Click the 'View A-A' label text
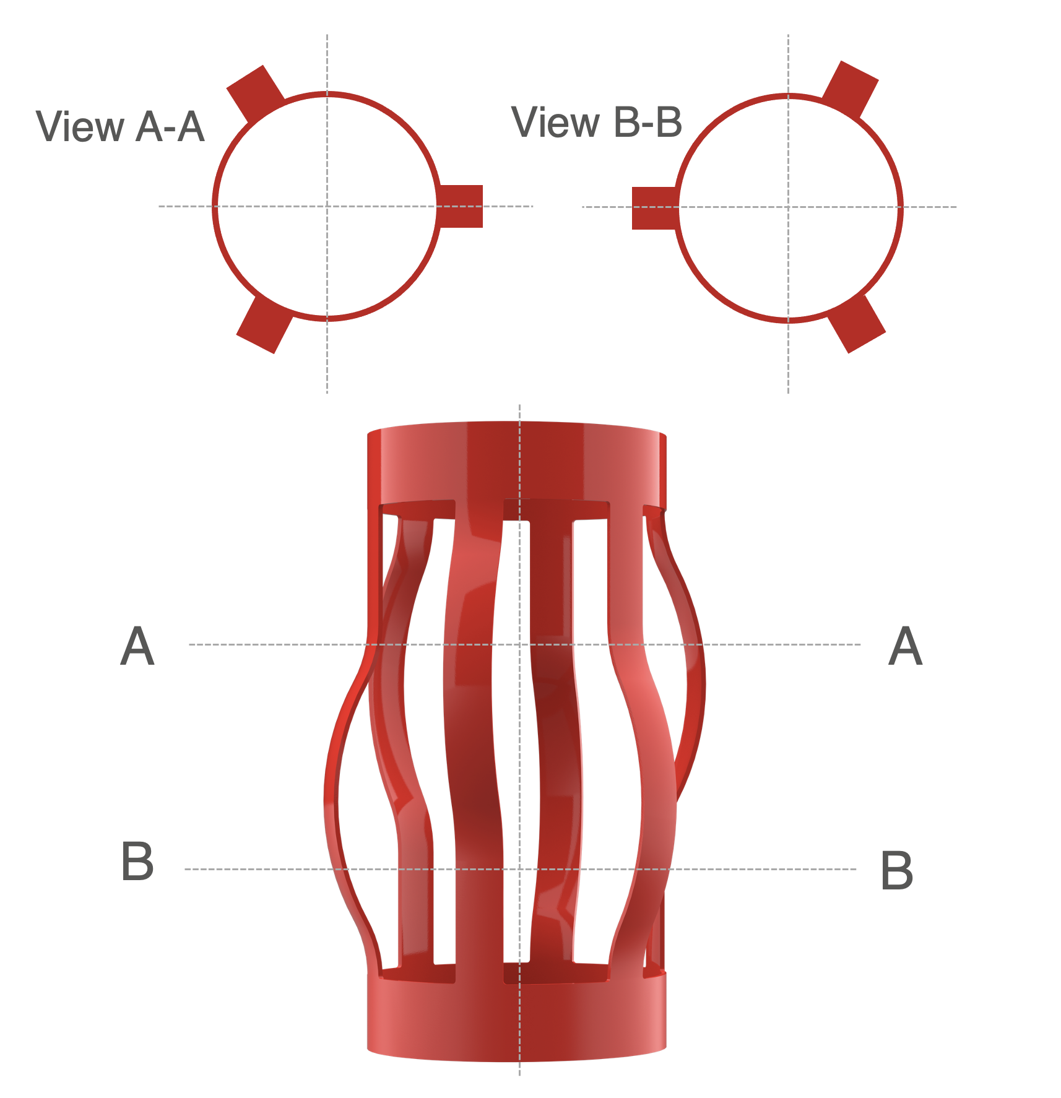click(x=120, y=128)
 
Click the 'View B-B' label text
click(x=597, y=123)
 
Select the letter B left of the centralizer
click(x=137, y=861)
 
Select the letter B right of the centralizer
click(x=896, y=870)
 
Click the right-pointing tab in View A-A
click(x=461, y=206)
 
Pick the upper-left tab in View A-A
click(x=254, y=93)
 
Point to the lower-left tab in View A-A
click(x=264, y=324)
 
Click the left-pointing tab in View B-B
click(x=654, y=208)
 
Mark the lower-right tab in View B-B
click(x=857, y=324)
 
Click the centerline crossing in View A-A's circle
click(x=327, y=206)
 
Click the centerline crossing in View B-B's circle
click(x=788, y=207)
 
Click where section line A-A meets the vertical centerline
click(x=519, y=644)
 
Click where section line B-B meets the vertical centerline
click(x=519, y=869)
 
